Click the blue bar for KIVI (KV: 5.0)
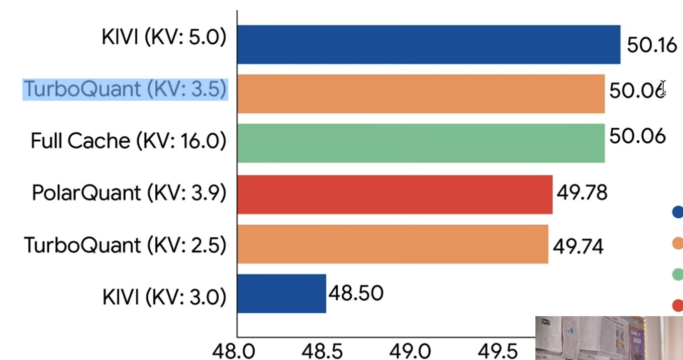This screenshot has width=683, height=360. (x=428, y=45)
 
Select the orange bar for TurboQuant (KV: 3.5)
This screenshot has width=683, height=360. (x=421, y=94)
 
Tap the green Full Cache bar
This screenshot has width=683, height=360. (x=421, y=143)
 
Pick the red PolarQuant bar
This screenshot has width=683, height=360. (x=394, y=194)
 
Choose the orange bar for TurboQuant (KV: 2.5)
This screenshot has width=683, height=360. (x=392, y=244)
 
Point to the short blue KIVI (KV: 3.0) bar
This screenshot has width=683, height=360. (x=282, y=293)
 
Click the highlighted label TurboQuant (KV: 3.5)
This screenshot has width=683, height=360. (x=125, y=90)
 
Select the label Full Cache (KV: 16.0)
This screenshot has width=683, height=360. (x=128, y=141)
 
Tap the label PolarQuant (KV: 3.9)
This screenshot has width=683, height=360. (x=129, y=193)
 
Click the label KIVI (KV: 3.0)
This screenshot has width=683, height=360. (x=164, y=297)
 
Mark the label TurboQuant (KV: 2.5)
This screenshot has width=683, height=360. (x=125, y=245)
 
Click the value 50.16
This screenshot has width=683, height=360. (x=652, y=45)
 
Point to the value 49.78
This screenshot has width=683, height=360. (x=582, y=192)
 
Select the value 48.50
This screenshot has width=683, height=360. (x=356, y=293)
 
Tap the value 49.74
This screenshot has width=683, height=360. (x=578, y=246)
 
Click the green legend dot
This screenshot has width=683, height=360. (x=678, y=273)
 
